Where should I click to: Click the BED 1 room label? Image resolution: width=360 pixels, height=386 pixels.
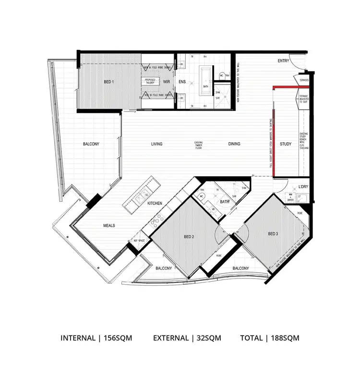(109, 82)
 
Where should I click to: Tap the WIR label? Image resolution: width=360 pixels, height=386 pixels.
(167, 82)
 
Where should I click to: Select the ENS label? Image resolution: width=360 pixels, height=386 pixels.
(182, 82)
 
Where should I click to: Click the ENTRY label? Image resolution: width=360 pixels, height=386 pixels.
(284, 61)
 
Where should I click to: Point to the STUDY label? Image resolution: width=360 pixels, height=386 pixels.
(286, 144)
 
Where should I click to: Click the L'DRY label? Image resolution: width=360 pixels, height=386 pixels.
(303, 186)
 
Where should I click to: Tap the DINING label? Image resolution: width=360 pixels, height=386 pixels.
(234, 144)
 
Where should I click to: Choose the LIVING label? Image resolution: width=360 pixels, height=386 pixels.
(156, 144)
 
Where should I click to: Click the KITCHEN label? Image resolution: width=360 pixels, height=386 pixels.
(155, 204)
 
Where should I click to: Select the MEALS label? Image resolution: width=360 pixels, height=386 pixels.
(108, 226)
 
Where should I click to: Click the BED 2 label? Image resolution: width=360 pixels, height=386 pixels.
(189, 237)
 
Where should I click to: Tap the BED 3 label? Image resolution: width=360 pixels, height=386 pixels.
(273, 234)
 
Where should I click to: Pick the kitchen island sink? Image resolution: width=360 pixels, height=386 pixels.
(142, 195)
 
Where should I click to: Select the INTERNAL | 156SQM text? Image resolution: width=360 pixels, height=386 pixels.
(96, 338)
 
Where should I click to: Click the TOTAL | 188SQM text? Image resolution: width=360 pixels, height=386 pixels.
(270, 338)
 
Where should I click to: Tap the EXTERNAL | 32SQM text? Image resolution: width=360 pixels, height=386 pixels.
(187, 338)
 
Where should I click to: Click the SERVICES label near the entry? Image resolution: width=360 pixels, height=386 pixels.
(303, 80)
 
